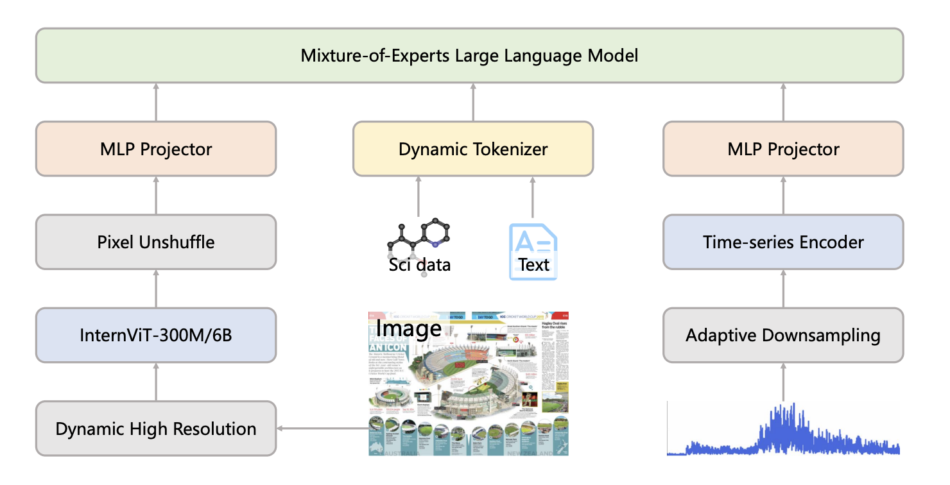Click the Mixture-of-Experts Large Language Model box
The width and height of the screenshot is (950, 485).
pos(469,55)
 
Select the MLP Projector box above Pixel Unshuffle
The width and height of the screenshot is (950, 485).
pos(156,149)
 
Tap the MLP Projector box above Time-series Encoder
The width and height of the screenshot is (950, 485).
pos(783,149)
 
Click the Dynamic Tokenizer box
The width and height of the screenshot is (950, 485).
pos(473,149)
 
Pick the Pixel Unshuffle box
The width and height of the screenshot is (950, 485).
pos(156,242)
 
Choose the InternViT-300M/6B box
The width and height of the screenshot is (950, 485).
pos(156,335)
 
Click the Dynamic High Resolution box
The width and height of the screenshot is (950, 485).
pos(156,428)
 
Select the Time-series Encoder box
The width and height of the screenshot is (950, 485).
pos(783,242)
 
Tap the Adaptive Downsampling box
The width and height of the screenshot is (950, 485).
pos(783,335)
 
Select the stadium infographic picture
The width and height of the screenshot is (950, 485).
pos(469,385)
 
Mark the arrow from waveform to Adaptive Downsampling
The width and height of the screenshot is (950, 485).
pos(783,382)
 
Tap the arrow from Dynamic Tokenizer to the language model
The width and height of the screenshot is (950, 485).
pos(473,102)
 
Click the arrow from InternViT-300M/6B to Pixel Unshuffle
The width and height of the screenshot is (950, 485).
pos(156,289)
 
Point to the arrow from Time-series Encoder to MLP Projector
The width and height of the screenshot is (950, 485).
pos(783,195)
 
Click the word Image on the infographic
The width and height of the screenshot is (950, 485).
pos(408,328)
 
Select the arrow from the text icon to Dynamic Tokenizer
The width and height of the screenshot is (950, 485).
pos(533,198)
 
